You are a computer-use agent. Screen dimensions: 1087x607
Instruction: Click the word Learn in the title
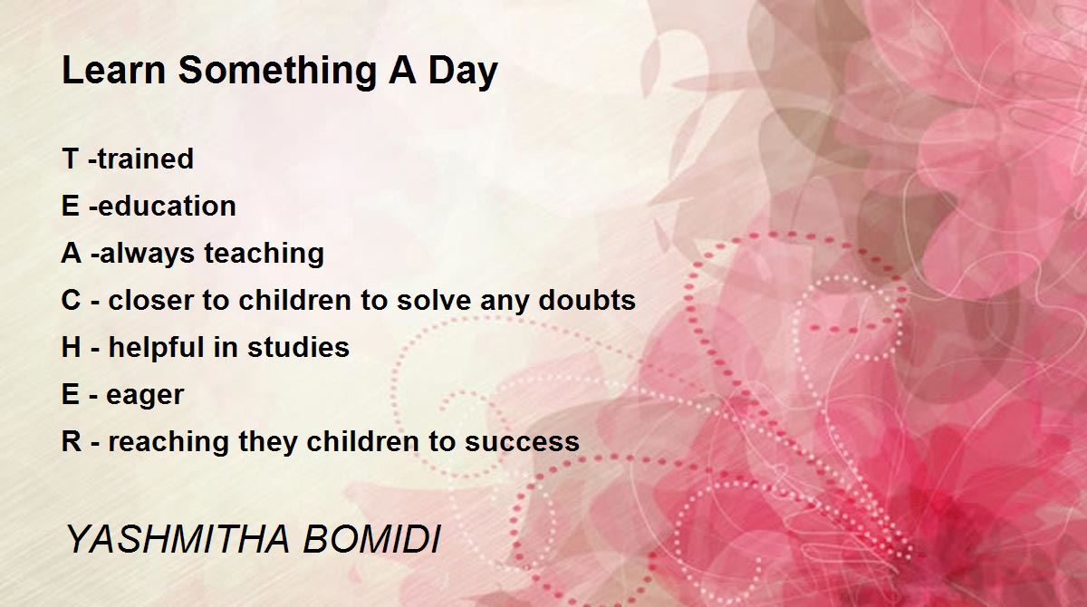(x=114, y=71)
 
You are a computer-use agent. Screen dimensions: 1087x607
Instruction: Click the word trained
(x=146, y=159)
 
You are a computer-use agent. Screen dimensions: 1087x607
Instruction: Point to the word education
(x=167, y=206)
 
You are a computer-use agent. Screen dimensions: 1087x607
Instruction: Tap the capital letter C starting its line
(x=71, y=301)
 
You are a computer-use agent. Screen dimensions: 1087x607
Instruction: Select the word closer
(x=151, y=301)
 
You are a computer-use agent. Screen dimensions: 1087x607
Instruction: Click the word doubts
(x=587, y=301)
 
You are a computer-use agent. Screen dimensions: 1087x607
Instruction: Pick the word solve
(x=434, y=301)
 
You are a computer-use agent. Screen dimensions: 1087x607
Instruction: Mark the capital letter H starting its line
(x=72, y=347)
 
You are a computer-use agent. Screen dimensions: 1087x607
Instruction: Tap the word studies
(x=298, y=347)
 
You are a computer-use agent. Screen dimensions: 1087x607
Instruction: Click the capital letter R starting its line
(x=72, y=441)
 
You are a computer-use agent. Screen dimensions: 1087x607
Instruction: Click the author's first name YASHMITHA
(x=178, y=538)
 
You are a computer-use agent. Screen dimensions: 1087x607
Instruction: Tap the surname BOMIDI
(x=372, y=538)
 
